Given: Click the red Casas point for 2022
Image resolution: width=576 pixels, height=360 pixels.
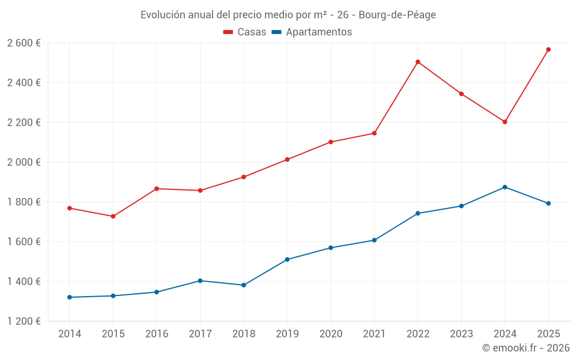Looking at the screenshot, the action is point(418,62).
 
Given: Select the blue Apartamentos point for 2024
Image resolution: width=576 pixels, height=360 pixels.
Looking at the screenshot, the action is point(505,187).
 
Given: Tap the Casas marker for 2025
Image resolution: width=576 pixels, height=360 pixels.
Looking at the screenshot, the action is point(548,50).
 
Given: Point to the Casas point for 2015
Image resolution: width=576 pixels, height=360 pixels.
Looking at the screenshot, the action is point(113,217).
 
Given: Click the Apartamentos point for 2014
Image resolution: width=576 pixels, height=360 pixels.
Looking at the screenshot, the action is point(70,297).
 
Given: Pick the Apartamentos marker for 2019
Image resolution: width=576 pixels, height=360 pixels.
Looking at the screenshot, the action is point(287,259).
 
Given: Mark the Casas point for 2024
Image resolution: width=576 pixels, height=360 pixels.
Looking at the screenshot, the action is point(505,122).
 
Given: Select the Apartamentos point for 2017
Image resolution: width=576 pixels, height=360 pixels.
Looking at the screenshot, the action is point(200,281).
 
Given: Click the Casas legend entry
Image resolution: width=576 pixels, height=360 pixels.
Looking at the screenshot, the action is point(245,32).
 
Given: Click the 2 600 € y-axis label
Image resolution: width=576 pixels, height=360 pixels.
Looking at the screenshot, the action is point(24,43).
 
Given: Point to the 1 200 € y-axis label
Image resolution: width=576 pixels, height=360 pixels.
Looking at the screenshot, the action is point(24,321).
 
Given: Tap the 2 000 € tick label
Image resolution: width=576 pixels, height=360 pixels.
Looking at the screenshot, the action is point(24,162).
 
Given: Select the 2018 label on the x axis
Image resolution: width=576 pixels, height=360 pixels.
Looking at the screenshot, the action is point(243,334).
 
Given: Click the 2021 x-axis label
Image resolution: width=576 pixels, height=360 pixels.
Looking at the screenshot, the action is point(374,334).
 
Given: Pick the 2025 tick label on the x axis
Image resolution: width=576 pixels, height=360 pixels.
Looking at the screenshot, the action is point(548,334).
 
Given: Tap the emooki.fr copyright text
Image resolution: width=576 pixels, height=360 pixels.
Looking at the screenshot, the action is point(526,348).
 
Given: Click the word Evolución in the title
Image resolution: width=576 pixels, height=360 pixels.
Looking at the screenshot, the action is point(163,14).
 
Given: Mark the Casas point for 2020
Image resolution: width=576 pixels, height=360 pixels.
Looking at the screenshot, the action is point(331,142).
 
